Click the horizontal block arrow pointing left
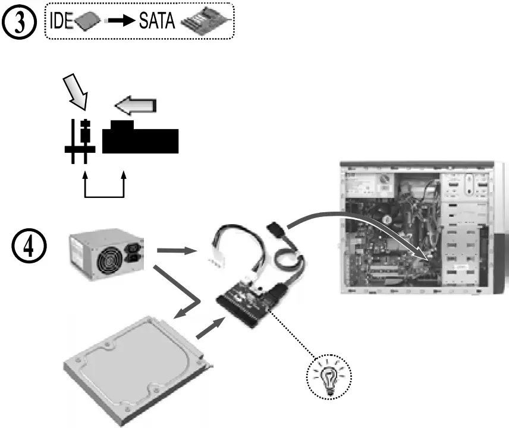coord(136,106)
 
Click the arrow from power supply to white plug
coord(177,250)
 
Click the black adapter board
coord(248,302)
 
